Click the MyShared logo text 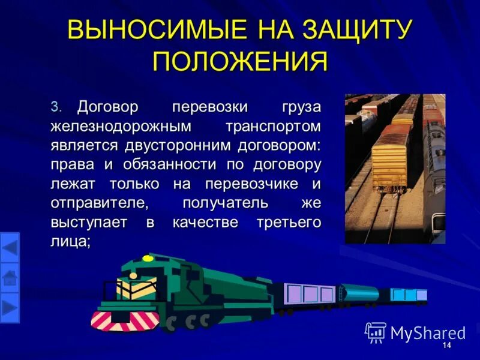click(x=427, y=332)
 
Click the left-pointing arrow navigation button click(x=10, y=247)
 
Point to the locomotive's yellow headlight click(x=148, y=259)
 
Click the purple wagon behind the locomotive click(x=310, y=294)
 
